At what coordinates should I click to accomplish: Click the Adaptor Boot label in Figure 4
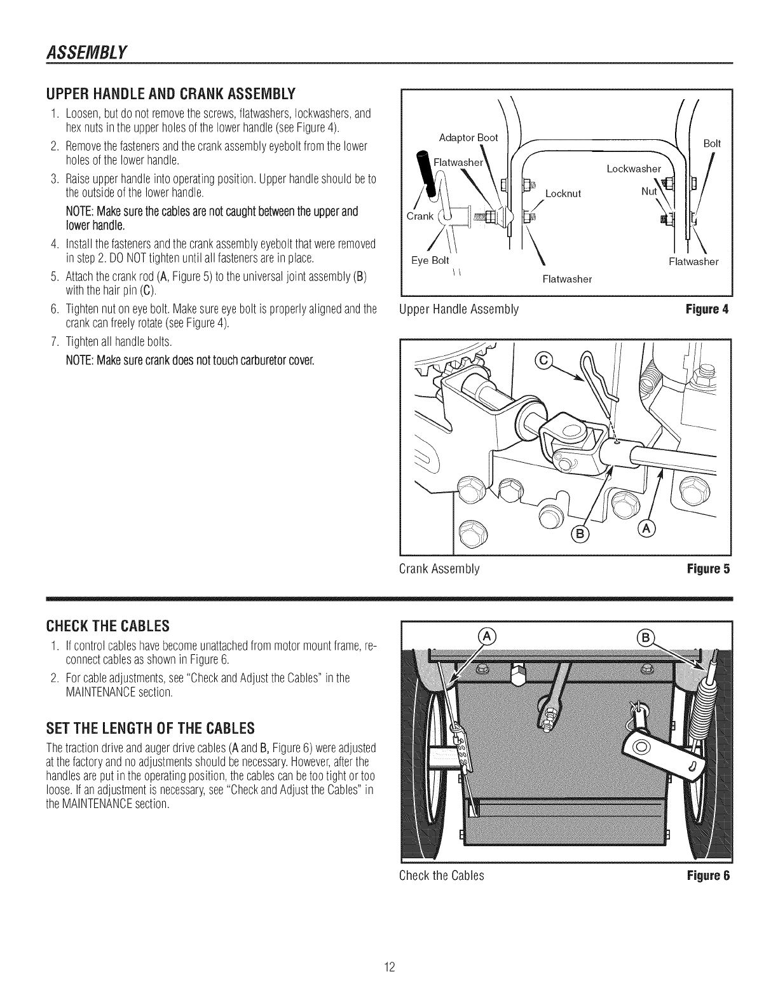coord(468,137)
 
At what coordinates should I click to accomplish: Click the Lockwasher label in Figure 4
coord(634,168)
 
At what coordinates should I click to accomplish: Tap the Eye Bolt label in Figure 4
coord(430,260)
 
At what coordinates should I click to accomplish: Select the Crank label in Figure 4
coord(420,216)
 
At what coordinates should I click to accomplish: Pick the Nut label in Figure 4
coord(649,191)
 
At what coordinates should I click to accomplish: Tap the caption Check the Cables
coord(441,875)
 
